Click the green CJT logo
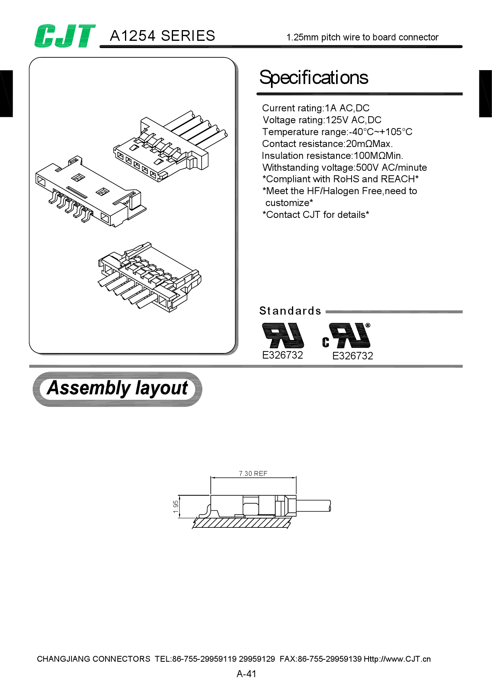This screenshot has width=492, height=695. (x=65, y=36)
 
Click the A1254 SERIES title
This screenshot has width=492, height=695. (x=162, y=36)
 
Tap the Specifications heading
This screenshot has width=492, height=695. (x=313, y=78)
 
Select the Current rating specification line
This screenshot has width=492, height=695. (x=315, y=108)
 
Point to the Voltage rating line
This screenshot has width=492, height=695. (x=322, y=120)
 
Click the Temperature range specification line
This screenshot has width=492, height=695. (x=337, y=132)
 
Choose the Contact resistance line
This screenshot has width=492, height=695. (x=327, y=144)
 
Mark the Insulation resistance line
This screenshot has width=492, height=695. (x=332, y=156)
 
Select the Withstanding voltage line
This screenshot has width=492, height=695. (x=344, y=168)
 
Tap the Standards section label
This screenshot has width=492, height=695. (x=290, y=311)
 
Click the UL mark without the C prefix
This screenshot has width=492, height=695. (x=283, y=336)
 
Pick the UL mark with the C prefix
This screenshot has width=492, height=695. (x=347, y=336)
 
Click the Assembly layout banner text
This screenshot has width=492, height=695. (x=117, y=388)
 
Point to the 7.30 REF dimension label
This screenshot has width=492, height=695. (x=253, y=474)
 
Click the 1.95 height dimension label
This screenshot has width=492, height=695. (x=176, y=506)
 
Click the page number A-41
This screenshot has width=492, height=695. (x=246, y=674)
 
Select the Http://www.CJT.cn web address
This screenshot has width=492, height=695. (x=397, y=659)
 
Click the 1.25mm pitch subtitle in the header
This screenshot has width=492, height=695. (x=362, y=38)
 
